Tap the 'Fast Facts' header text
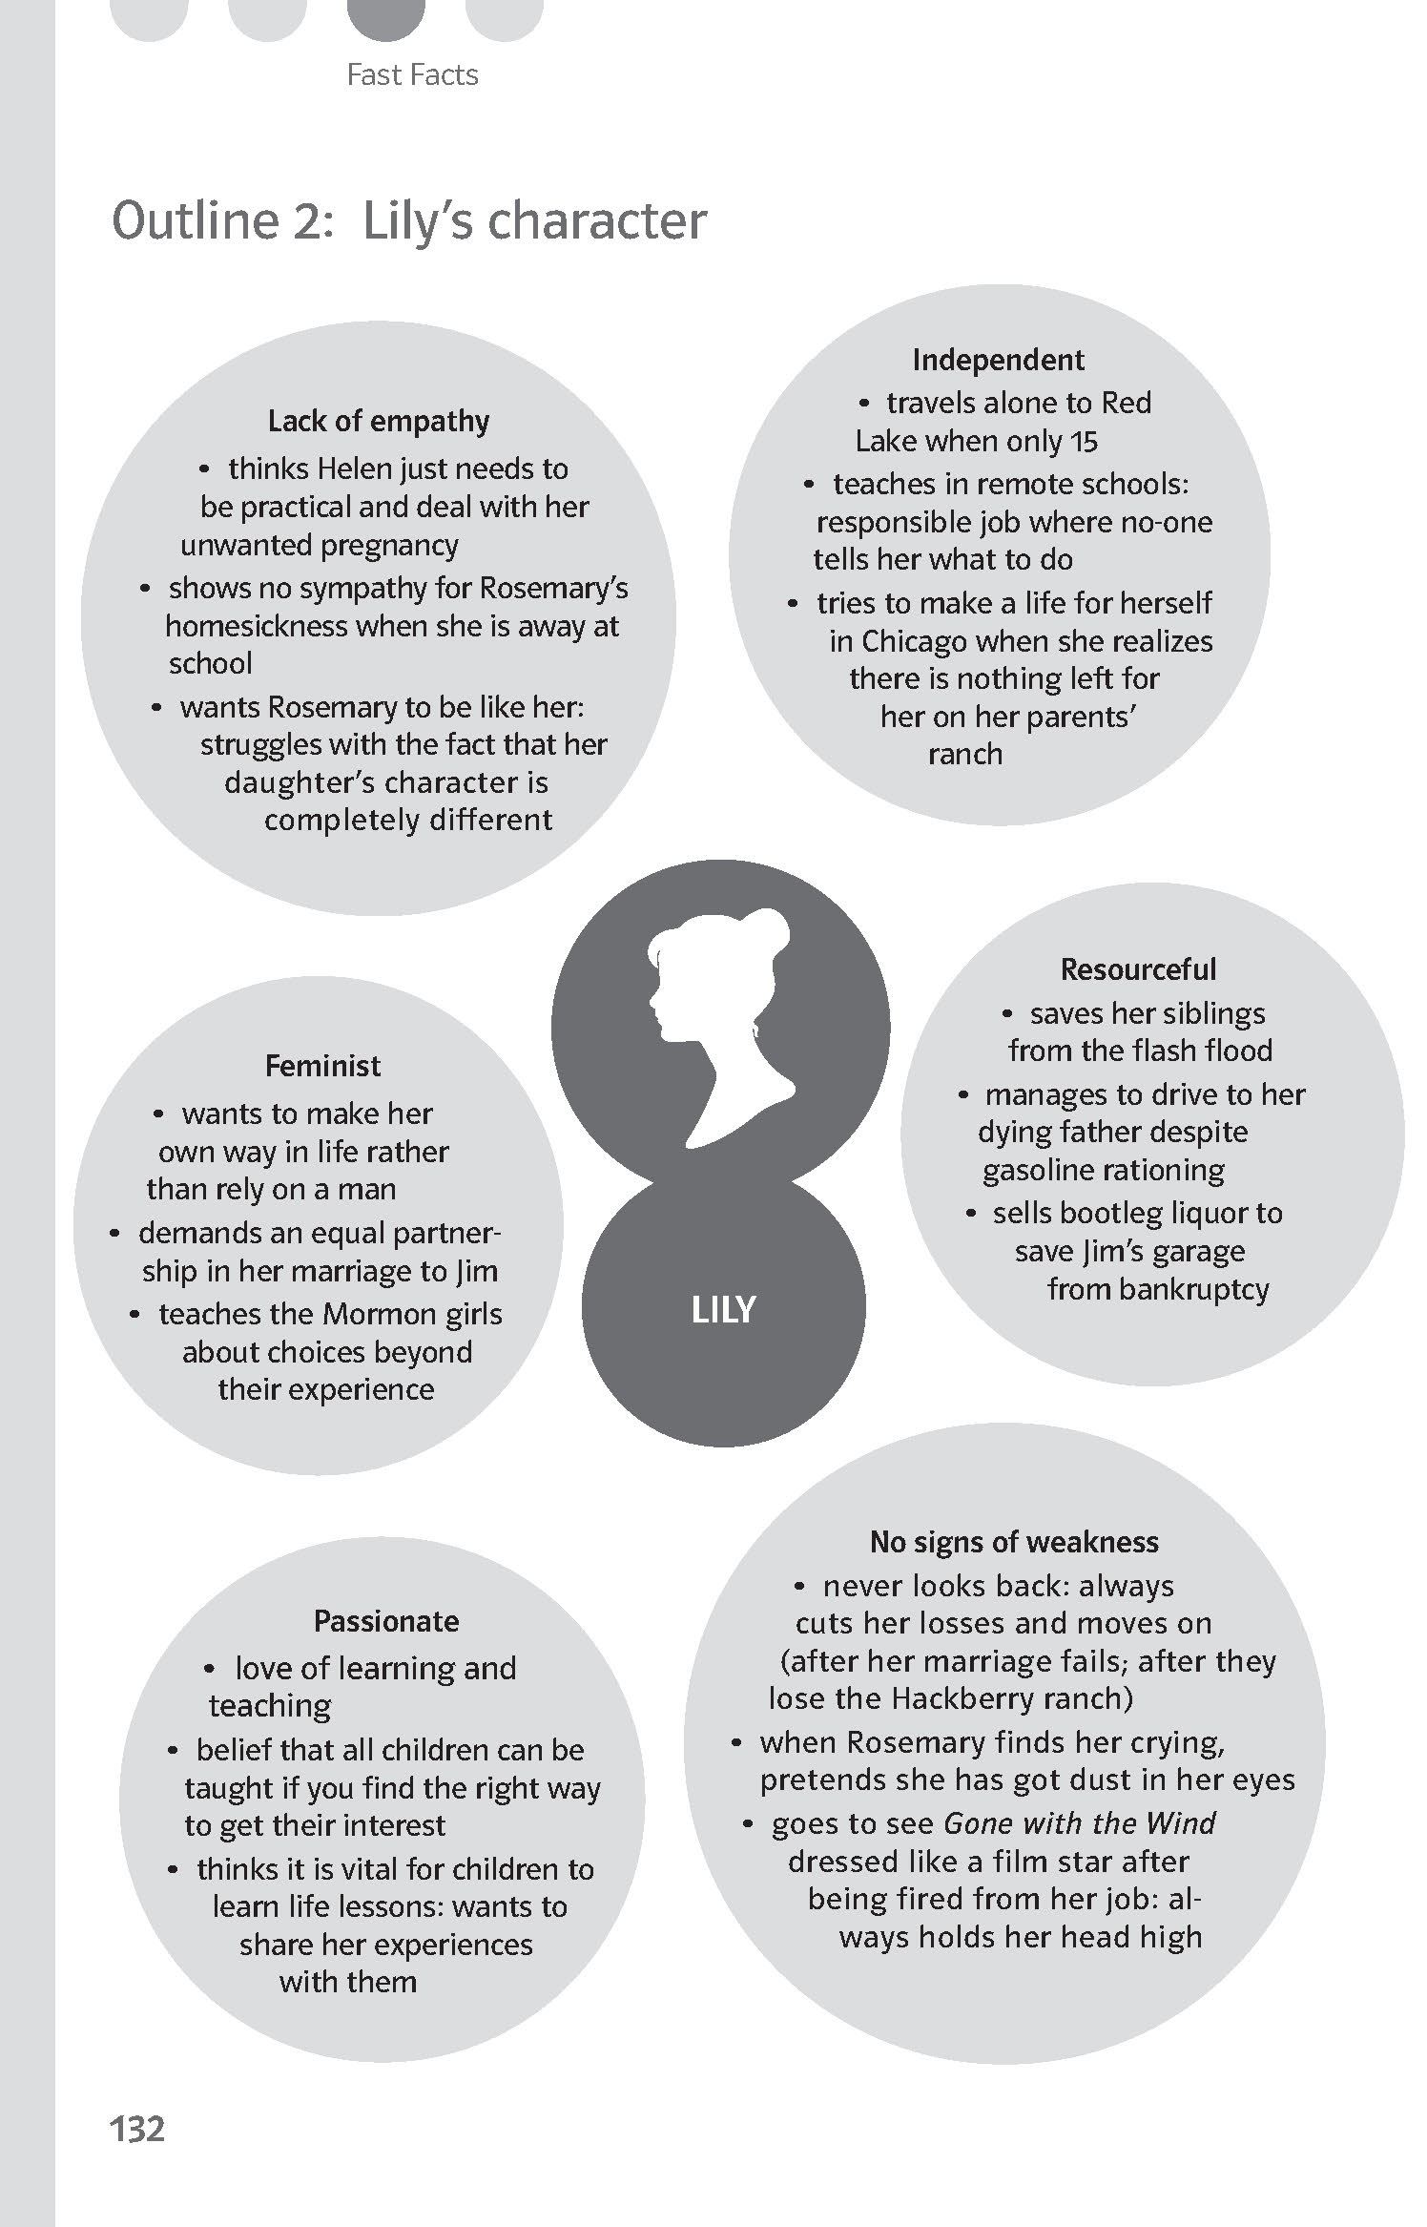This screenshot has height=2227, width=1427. click(412, 74)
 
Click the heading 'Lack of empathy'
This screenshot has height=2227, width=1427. click(379, 421)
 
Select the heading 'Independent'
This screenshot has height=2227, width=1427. click(998, 360)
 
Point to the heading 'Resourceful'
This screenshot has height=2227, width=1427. click(1138, 969)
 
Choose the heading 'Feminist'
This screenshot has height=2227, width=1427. click(322, 1066)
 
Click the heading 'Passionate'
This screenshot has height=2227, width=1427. click(386, 1621)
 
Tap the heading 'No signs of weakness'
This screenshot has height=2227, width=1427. click(1014, 1542)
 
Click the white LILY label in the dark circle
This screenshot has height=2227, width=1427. click(723, 1310)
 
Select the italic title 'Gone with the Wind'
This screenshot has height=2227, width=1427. click(1079, 1823)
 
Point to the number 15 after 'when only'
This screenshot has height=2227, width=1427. click(1085, 442)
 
